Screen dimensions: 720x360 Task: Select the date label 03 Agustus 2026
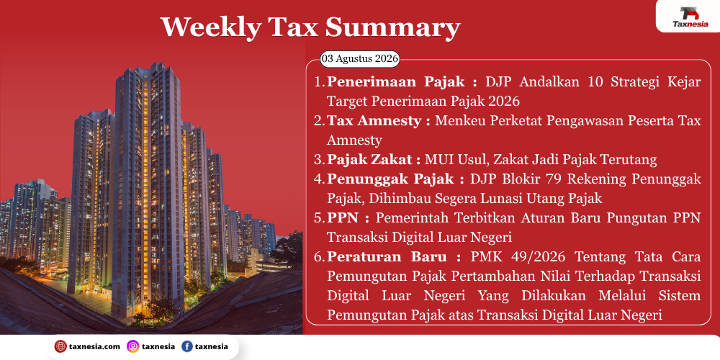pyautogui.click(x=359, y=59)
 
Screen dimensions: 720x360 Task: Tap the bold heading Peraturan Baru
pyautogui.click(x=394, y=257)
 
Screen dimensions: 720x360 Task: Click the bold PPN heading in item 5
pyautogui.click(x=343, y=217)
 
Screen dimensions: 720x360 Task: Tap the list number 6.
pyautogui.click(x=319, y=257)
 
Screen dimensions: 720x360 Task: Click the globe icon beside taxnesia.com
pyautogui.click(x=60, y=347)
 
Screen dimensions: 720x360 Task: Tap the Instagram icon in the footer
pyautogui.click(x=132, y=347)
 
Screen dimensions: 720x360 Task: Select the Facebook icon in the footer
pyautogui.click(x=187, y=347)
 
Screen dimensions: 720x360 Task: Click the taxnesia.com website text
pyautogui.click(x=94, y=347)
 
